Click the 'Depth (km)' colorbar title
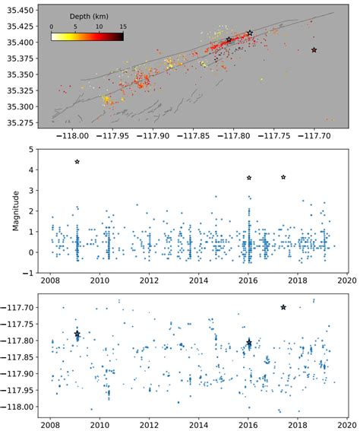(84, 15)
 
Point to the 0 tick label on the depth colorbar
(52, 25)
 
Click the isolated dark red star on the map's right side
(314, 50)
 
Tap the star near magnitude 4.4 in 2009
(77, 162)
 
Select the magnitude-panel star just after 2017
(283, 177)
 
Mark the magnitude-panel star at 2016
(249, 178)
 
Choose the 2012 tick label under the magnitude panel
(150, 283)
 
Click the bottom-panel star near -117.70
(283, 307)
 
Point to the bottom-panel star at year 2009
(77, 334)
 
